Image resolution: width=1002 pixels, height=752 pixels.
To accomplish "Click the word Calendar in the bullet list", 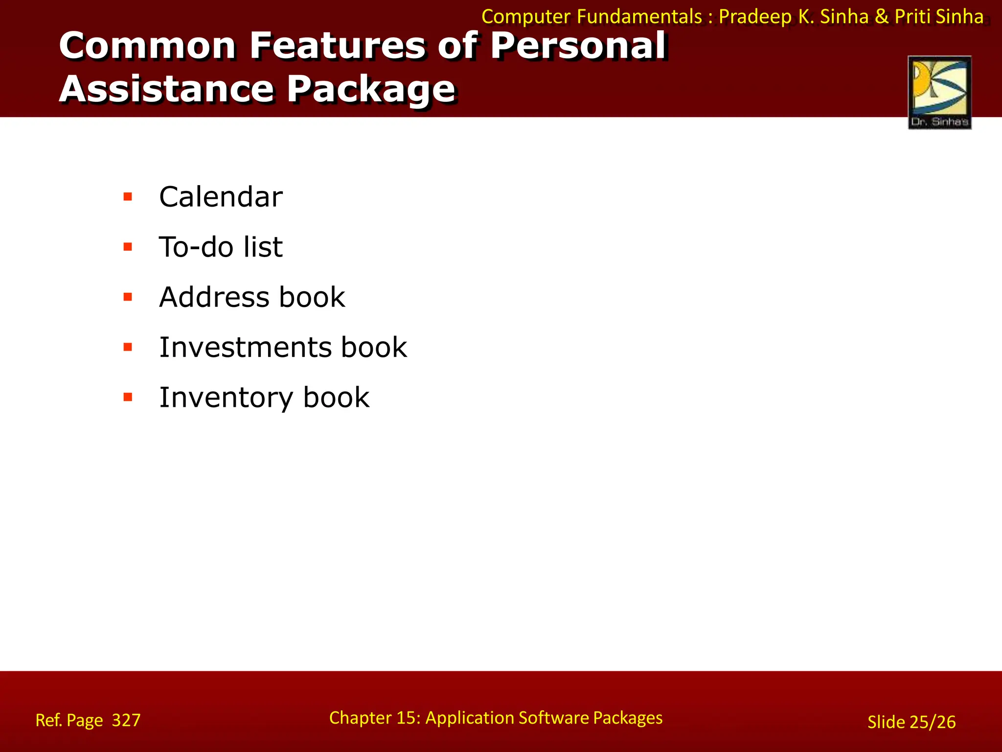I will [221, 197].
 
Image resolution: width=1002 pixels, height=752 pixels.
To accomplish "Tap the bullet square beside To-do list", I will [128, 247].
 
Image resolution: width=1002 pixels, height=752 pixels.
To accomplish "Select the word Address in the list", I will [214, 297].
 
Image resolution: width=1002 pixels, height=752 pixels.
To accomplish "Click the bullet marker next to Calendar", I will [128, 197].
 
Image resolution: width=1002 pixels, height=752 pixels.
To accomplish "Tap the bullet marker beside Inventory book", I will [128, 397].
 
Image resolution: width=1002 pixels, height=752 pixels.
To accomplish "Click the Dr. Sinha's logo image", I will [939, 93].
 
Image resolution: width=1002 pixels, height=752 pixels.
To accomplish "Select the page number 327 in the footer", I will [126, 720].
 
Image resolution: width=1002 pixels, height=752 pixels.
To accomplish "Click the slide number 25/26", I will [933, 722].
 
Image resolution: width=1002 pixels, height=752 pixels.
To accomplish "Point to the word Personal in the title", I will [578, 46].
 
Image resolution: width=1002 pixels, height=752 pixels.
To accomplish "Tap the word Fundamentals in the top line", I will [639, 17].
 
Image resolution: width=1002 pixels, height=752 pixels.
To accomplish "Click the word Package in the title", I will [371, 90].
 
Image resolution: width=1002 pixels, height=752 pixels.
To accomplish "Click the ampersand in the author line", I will [882, 17].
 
